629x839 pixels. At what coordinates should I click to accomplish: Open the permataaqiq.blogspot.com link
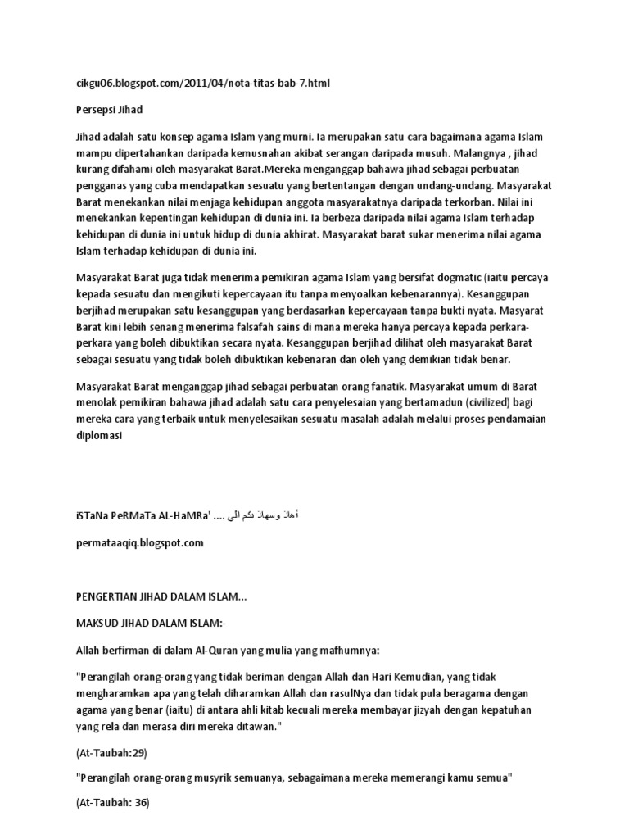pyautogui.click(x=139, y=542)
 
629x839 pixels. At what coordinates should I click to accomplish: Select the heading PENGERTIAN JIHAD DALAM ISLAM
pyautogui.click(x=160, y=598)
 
